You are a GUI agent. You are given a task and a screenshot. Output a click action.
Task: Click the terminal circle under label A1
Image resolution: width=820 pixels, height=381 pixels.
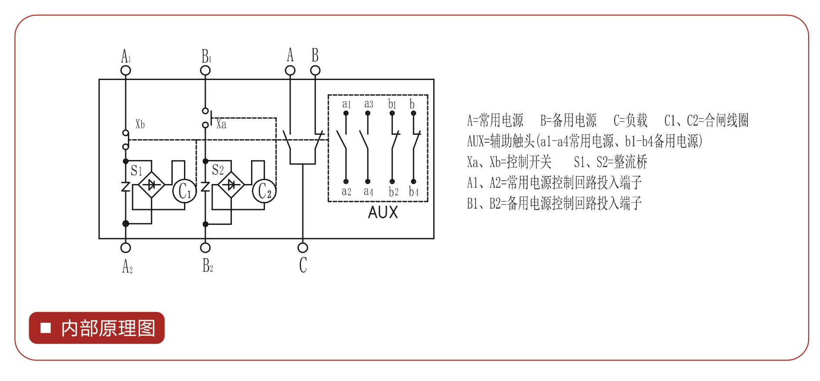pos(126,70)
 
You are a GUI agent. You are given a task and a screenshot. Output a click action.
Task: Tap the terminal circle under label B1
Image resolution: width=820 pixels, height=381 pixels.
pos(205,70)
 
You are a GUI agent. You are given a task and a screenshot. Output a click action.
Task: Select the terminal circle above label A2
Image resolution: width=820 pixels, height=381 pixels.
pos(126,247)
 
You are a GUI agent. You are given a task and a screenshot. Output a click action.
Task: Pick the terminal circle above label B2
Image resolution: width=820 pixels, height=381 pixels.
pos(205,247)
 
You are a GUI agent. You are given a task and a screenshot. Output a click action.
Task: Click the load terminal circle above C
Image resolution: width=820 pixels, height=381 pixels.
pos(303,247)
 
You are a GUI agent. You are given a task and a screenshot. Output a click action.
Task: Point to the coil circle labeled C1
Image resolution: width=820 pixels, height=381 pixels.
pos(184,190)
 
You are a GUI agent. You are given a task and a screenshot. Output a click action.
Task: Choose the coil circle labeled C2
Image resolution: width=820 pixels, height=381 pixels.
pos(264,190)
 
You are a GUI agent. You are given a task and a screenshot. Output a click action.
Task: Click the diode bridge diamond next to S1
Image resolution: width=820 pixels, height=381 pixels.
pos(151,185)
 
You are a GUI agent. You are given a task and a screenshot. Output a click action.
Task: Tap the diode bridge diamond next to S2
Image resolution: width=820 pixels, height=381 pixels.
pos(231,185)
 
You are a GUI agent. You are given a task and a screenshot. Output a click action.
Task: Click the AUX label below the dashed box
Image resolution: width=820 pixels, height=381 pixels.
pos(383,212)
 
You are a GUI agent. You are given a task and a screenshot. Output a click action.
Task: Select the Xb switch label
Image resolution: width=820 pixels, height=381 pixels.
pos(140,124)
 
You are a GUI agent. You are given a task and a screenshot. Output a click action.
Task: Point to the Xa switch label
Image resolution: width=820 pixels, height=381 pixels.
pos(221,124)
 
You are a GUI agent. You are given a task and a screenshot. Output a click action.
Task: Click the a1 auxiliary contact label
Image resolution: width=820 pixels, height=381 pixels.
pos(346,104)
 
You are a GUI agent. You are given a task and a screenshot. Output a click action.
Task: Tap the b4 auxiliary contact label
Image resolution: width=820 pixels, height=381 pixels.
pos(414,191)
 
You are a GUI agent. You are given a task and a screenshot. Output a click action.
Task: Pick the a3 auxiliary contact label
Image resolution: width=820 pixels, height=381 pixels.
pos(368,104)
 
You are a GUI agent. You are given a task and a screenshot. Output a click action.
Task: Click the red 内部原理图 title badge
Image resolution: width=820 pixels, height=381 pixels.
pos(97,328)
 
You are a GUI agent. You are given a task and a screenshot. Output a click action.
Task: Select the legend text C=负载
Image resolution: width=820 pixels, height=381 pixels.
pos(630,120)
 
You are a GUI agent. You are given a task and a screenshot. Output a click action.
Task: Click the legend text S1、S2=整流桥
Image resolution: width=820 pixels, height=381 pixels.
pos(610,162)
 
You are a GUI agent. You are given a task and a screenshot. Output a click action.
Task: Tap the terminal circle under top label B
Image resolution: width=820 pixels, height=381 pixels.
pos(315,70)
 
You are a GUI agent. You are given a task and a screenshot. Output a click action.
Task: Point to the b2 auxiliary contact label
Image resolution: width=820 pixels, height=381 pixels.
pos(393,191)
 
